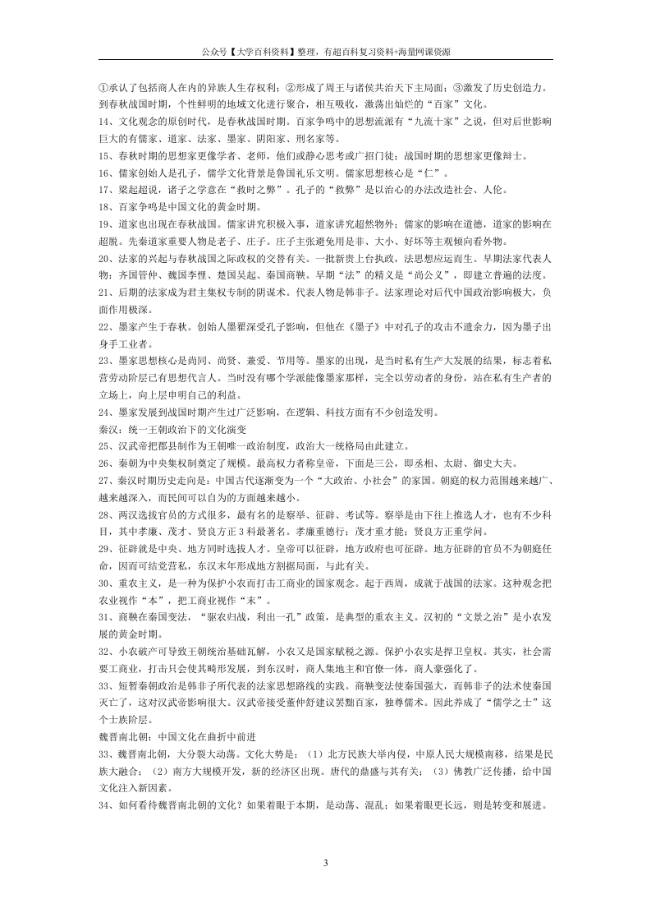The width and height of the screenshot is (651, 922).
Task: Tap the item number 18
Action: coord(104,205)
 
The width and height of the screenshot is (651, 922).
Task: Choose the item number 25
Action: coord(104,445)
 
